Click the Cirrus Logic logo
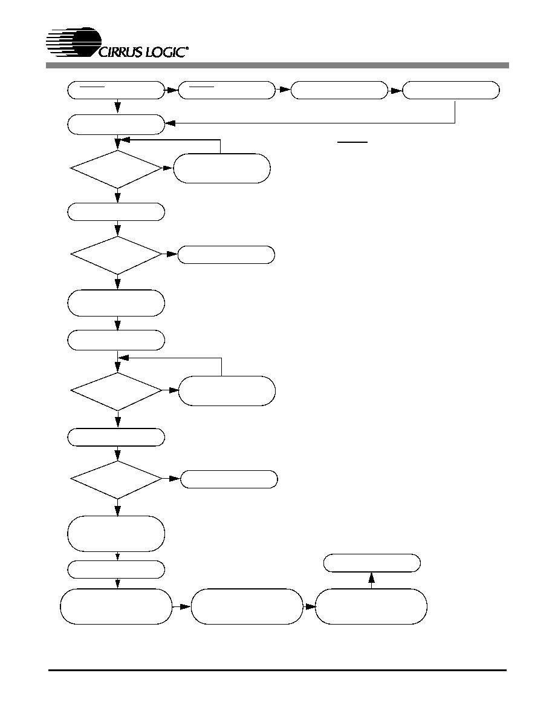coord(118,43)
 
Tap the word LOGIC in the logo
coord(165,52)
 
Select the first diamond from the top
coord(116,169)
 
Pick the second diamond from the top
coord(116,255)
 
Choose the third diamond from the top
coord(116,391)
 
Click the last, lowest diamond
coord(116,480)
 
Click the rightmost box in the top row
coord(450,90)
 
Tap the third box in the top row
coord(339,90)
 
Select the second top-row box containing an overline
coord(227,90)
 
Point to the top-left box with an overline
coord(116,90)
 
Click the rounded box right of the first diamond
coord(222,168)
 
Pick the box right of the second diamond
coord(226,255)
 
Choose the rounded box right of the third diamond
coord(227,391)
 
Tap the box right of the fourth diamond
coord(229,479)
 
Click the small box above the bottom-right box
coord(372,563)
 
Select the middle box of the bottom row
coord(247,606)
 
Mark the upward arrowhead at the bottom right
coord(372,578)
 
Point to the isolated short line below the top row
coord(352,143)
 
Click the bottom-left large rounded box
coord(116,606)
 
